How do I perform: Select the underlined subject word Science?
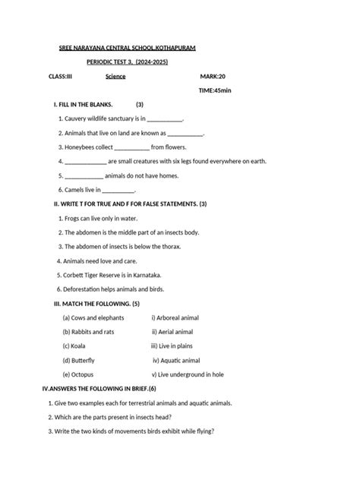[x=115, y=77]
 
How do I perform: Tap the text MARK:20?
[x=213, y=77]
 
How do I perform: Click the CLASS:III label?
[x=60, y=77]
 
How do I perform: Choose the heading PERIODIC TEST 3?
[x=110, y=62]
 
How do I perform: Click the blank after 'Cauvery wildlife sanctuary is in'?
[x=164, y=119]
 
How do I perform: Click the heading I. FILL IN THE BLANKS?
[x=83, y=104]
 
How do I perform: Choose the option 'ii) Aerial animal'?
[x=172, y=332]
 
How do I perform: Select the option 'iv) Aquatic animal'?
[x=176, y=361]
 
